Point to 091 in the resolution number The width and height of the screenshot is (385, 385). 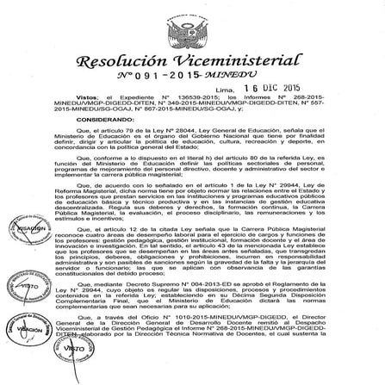point(143,79)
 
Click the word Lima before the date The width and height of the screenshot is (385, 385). point(226,90)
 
